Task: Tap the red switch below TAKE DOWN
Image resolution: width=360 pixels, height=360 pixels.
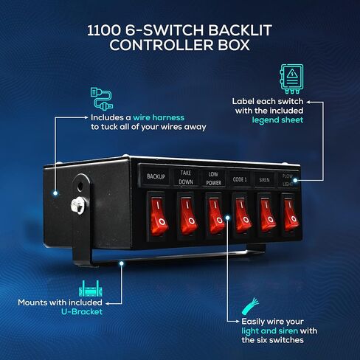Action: (187, 215)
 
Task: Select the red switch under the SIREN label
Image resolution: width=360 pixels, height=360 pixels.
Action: (267, 214)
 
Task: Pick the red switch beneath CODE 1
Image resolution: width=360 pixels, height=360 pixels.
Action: (242, 215)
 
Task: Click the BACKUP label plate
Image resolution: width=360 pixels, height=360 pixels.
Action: (156, 176)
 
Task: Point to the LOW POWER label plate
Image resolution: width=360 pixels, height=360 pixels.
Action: (213, 179)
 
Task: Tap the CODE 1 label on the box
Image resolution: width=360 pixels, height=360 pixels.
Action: (240, 179)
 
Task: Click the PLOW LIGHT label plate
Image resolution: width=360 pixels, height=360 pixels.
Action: (288, 180)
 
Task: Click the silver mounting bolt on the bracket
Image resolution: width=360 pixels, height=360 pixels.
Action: (79, 205)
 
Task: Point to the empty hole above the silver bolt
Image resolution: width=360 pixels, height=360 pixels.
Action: (80, 186)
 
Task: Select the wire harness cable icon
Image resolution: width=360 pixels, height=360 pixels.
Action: (102, 99)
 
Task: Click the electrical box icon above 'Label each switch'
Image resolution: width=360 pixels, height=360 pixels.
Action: (291, 79)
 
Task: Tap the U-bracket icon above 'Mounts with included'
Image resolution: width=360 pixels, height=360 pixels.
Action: (91, 288)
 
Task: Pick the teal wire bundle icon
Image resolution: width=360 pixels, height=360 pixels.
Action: (250, 306)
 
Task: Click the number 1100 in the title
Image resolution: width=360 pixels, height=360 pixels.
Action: (104, 30)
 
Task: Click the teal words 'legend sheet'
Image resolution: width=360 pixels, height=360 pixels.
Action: (277, 120)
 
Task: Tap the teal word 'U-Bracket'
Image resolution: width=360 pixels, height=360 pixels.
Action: (82, 311)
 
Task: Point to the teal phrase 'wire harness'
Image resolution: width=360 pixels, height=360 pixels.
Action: (159, 117)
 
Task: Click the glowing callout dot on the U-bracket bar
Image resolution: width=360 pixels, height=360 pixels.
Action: (121, 263)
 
